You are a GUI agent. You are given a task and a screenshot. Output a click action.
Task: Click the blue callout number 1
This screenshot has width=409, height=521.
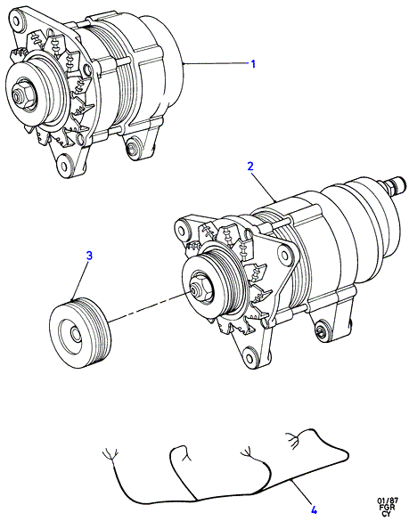click(x=253, y=63)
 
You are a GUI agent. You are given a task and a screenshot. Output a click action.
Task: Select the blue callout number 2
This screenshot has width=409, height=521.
click(x=250, y=167)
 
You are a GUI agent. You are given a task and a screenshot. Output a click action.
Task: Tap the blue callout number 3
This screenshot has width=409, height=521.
click(x=89, y=256)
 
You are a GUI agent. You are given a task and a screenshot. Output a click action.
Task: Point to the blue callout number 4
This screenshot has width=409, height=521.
click(x=314, y=509)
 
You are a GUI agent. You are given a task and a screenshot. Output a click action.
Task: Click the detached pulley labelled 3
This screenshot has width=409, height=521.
click(x=79, y=333)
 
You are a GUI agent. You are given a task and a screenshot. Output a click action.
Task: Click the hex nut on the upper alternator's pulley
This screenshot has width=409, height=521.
click(x=20, y=95)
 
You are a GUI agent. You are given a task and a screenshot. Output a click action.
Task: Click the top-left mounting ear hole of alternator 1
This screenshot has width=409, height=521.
click(x=16, y=20)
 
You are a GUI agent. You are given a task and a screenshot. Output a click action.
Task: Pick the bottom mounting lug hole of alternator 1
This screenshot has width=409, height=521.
click(x=64, y=164)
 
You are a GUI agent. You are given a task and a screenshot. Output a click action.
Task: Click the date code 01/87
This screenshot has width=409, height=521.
click(x=388, y=500)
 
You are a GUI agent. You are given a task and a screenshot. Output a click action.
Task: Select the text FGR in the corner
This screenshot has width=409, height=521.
click(x=388, y=507)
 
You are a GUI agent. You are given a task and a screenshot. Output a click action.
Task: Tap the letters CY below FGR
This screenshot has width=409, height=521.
click(x=387, y=514)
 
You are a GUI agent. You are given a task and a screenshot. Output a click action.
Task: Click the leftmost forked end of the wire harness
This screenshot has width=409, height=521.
click(x=110, y=455)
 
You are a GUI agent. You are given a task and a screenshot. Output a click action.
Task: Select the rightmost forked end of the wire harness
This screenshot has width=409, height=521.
click(x=292, y=438)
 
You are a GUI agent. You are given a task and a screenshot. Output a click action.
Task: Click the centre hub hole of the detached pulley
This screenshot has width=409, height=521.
click(x=75, y=334)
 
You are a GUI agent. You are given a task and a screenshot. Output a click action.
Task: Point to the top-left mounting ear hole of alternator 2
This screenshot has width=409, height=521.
click(x=181, y=230)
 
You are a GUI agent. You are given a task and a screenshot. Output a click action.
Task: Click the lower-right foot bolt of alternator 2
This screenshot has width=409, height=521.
click(x=321, y=330)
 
